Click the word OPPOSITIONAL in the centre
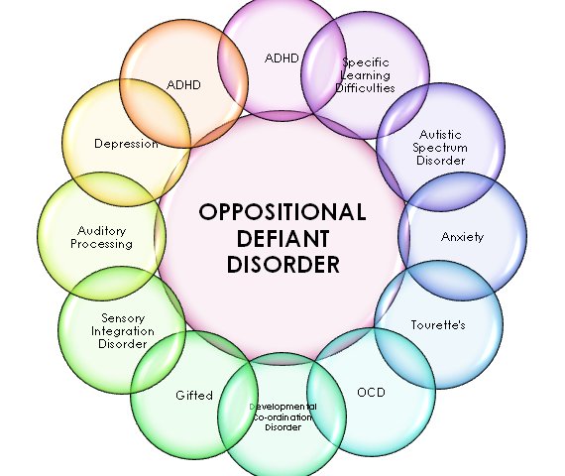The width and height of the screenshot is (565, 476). click(282, 211)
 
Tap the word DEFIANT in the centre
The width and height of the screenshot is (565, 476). click(282, 238)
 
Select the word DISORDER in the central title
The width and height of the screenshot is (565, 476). click(282, 265)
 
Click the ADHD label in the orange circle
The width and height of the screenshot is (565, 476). click(183, 85)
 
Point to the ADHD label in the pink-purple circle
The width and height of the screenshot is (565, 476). click(282, 59)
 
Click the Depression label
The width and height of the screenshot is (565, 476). click(126, 144)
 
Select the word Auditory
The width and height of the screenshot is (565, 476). click(102, 231)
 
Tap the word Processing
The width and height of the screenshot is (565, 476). click(102, 244)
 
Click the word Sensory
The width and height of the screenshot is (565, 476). click(123, 318)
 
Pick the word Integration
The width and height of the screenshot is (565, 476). click(123, 331)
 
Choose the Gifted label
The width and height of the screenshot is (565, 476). click(194, 396)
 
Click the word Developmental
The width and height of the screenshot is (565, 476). click(283, 407)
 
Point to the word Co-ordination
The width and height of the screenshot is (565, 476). click(282, 417)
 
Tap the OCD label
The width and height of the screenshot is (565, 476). click(371, 393)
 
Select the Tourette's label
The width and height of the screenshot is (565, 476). click(438, 325)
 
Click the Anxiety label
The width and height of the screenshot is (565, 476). click(462, 237)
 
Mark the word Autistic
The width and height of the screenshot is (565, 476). click(440, 135)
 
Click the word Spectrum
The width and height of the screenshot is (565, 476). click(440, 148)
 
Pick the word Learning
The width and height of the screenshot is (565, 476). click(366, 75)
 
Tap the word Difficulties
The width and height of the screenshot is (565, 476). click(366, 88)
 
